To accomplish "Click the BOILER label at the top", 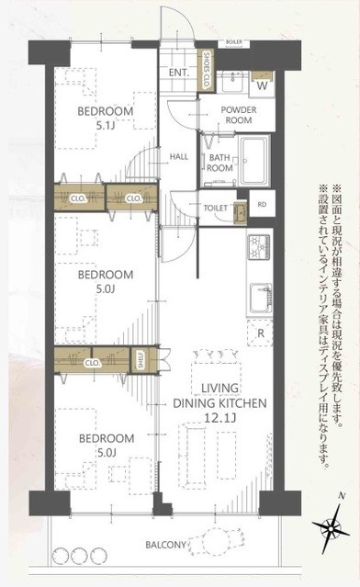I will pyautogui.click(x=233, y=42).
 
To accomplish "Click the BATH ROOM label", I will pyautogui.click(x=219, y=163).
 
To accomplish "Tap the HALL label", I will pyautogui.click(x=179, y=156).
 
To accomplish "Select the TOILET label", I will pyautogui.click(x=215, y=209).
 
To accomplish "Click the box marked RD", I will pyautogui.click(x=263, y=205).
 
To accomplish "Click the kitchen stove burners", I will pyautogui.click(x=256, y=246).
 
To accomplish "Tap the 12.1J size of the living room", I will pyautogui.click(x=216, y=393).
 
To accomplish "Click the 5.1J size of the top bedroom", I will pyautogui.click(x=107, y=129).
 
